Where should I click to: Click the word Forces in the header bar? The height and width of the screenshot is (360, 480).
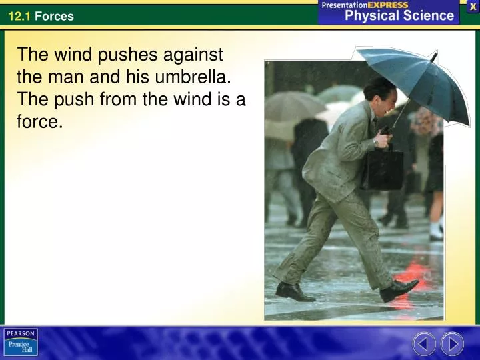point(54,16)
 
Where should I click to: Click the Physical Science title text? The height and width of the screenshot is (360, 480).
point(399,16)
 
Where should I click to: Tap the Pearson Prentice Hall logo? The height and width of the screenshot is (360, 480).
point(21,342)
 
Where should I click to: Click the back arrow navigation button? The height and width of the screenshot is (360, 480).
point(424,343)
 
